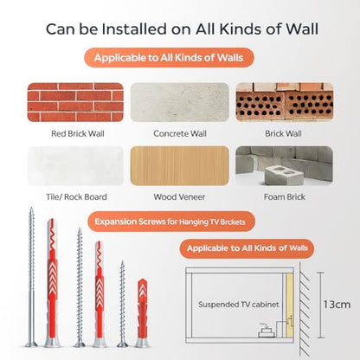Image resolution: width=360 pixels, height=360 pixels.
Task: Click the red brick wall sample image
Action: pos(75,102)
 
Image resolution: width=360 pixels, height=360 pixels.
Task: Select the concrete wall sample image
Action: pos(180,102)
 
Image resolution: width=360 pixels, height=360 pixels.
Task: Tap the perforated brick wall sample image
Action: pos(285,102)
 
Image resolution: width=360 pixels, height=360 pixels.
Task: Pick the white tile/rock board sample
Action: pos(75,166)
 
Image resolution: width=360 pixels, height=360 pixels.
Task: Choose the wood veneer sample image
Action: pos(180,166)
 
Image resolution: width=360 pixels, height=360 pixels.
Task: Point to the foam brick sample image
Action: pos(285,166)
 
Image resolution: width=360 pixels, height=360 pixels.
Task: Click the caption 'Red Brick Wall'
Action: pos(78,133)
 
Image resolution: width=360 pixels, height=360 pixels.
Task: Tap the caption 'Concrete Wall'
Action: pos(180,133)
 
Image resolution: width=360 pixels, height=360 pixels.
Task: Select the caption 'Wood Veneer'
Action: pos(179,197)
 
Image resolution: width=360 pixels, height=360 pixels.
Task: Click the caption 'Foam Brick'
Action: pos(285,197)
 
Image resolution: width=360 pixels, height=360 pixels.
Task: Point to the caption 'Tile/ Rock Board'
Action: pos(76,197)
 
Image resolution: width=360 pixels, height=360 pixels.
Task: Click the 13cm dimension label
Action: pos(337,305)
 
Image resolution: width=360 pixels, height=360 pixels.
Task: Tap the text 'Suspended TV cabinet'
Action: pos(239,305)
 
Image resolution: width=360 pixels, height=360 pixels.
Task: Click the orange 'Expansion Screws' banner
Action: pos(171,222)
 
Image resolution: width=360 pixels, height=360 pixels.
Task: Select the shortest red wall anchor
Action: pos(143,312)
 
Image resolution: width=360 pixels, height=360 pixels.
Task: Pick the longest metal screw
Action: pos(31,277)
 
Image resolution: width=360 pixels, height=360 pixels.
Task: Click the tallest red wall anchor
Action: pos(52,283)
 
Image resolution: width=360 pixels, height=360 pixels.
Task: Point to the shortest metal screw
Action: pos(122,304)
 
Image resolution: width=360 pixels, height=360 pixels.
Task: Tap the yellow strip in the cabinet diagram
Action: pos(289,305)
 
